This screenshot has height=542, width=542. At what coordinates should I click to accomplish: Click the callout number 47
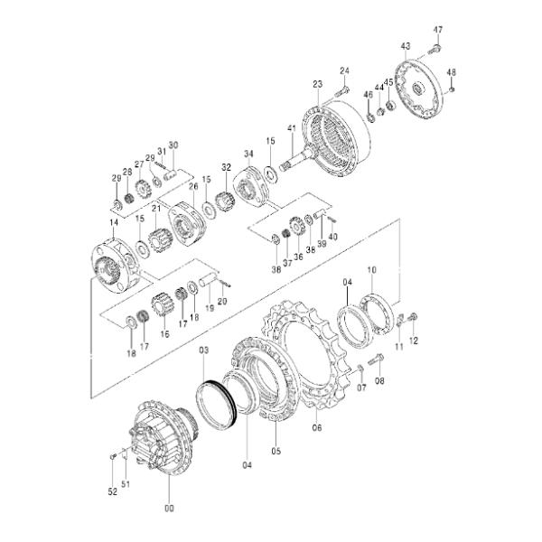(x=437, y=30)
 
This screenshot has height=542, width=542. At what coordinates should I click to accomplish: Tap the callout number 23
(x=317, y=84)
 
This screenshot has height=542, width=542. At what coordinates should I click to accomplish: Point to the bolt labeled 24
(x=341, y=90)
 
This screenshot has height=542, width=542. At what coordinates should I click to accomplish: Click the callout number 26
(x=192, y=186)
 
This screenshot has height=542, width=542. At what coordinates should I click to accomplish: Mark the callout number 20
(x=222, y=302)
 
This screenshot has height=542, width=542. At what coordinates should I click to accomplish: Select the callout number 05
(x=276, y=450)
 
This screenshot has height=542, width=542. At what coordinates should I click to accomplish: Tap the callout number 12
(x=416, y=341)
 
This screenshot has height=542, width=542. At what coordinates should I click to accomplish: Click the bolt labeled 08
(x=377, y=360)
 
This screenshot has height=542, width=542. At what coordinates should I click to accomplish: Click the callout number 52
(x=111, y=491)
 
